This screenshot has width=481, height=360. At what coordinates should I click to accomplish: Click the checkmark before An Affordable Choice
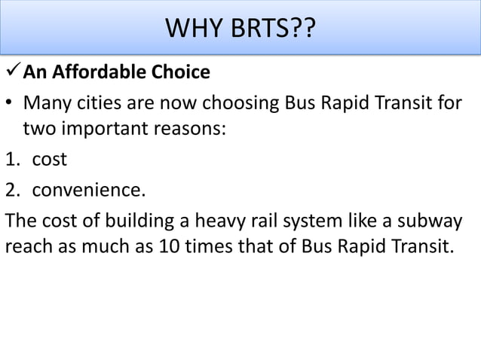(13, 73)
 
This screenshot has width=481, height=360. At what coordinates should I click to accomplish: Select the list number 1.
(11, 159)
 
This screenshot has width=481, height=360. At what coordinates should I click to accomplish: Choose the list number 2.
(11, 188)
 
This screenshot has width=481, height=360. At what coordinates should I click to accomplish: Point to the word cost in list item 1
(49, 159)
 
